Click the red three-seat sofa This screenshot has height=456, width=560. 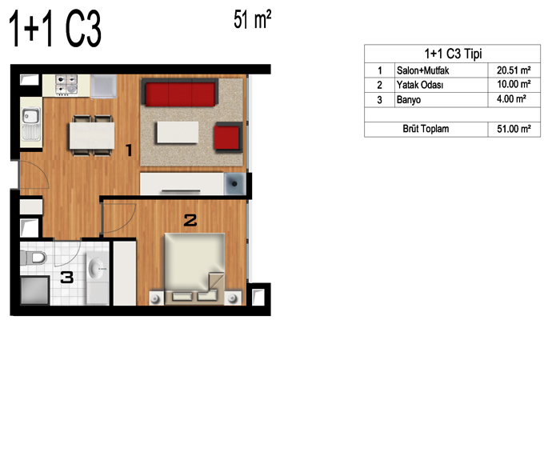coord(180,93)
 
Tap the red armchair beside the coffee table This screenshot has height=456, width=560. coord(228,138)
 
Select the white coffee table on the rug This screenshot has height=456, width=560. coord(177,133)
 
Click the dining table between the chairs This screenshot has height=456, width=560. coord(92,136)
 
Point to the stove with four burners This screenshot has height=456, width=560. coord(66,85)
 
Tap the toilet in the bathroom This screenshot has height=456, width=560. coord(34,258)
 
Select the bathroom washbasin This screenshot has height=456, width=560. coord(97,268)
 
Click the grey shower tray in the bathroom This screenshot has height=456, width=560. coord(34,290)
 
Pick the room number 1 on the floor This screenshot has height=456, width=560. coord(130,150)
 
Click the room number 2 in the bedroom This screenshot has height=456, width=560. coord(190,220)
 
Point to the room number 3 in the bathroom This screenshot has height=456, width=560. coord(67,277)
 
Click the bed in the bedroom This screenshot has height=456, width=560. coord(194,269)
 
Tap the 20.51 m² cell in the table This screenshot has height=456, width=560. coord(514,70)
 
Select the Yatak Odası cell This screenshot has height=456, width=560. coord(420,85)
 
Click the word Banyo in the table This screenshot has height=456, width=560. coord(409,100)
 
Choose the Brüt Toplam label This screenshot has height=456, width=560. coord(426,129)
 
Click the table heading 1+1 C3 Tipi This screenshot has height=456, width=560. coord(453,54)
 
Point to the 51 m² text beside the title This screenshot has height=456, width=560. coord(253,19)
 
